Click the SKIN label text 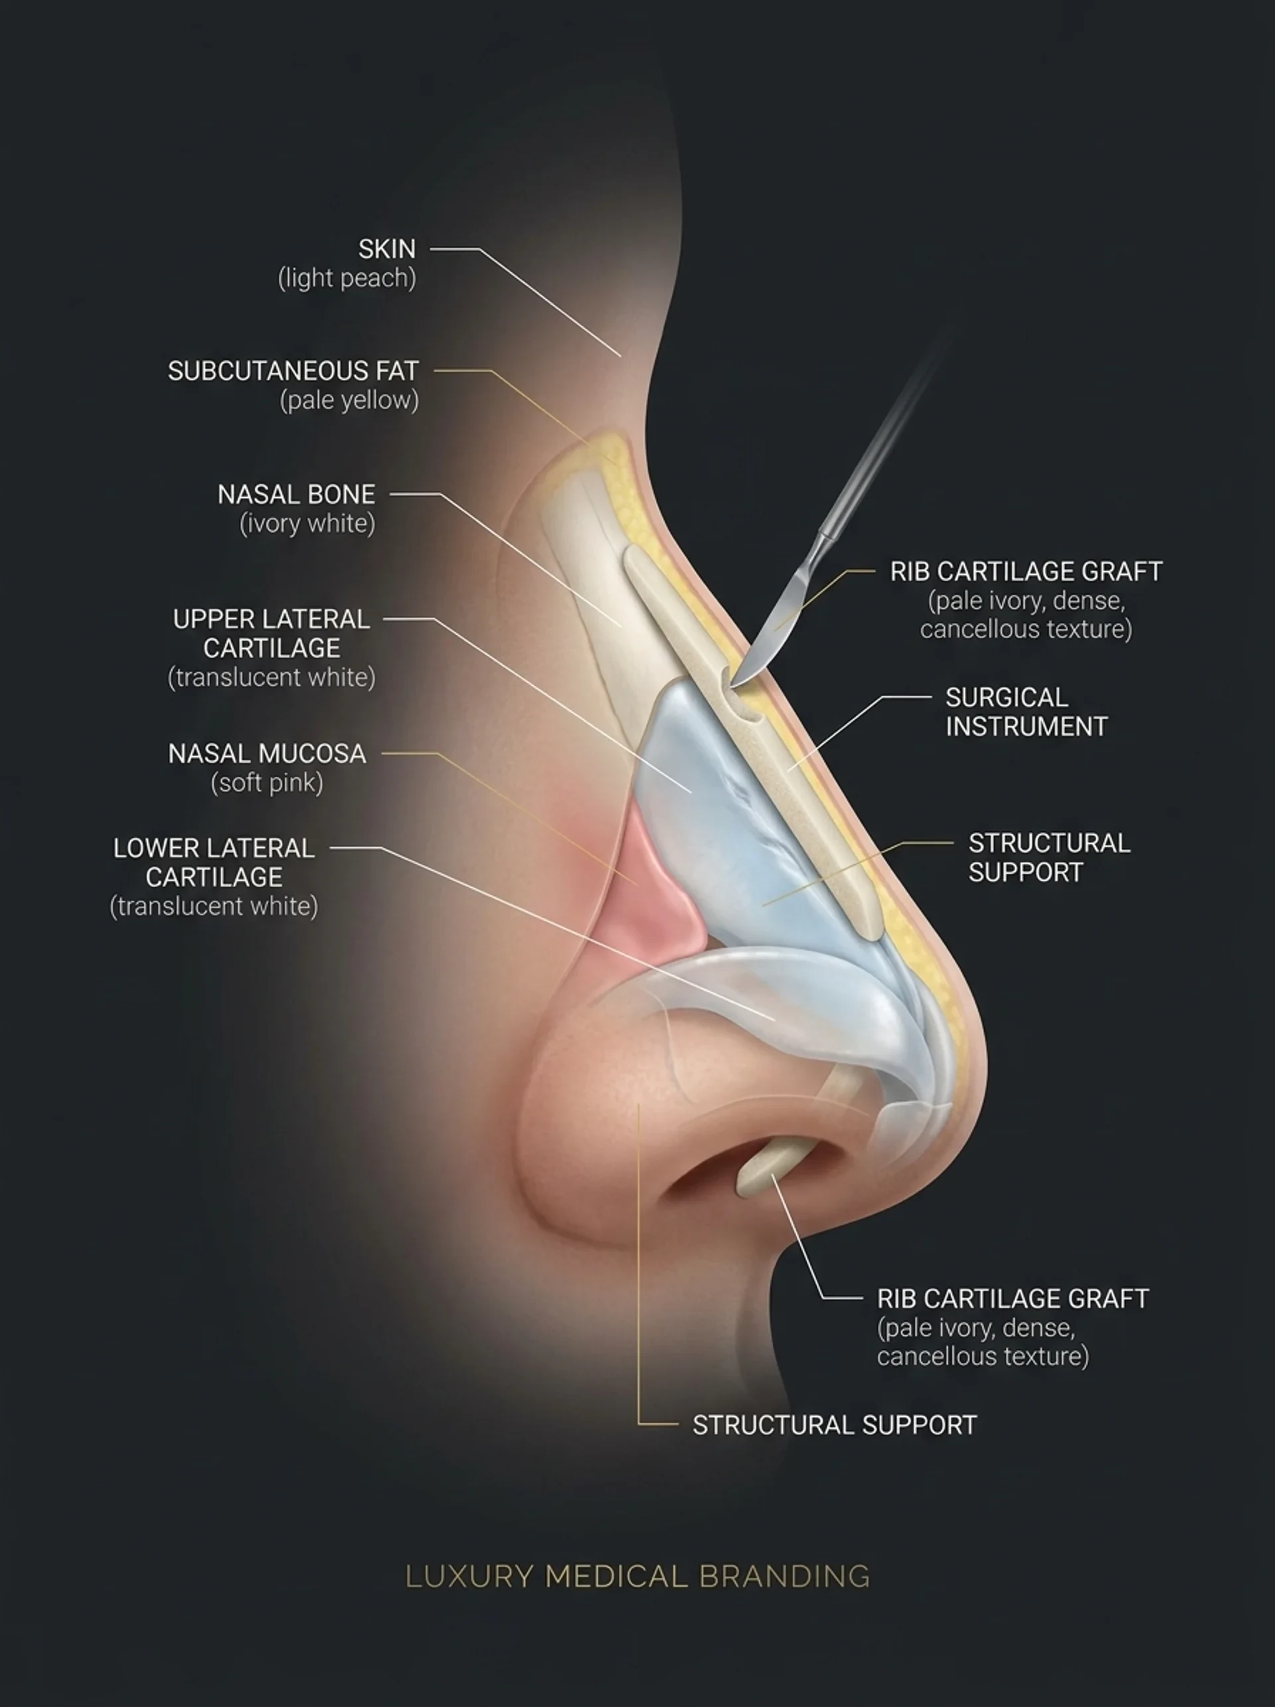pyautogui.click(x=386, y=248)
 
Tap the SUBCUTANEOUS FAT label pyautogui.click(x=294, y=371)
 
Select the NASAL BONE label pyautogui.click(x=296, y=494)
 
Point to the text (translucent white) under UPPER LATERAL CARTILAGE pyautogui.click(x=272, y=677)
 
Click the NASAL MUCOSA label pyautogui.click(x=267, y=753)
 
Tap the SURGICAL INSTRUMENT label pyautogui.click(x=1027, y=712)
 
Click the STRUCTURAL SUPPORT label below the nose pyautogui.click(x=834, y=1425)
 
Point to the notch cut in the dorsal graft pyautogui.click(x=737, y=691)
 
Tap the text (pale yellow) pyautogui.click(x=349, y=400)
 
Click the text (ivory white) pyautogui.click(x=308, y=523)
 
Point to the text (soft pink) pyautogui.click(x=267, y=783)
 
